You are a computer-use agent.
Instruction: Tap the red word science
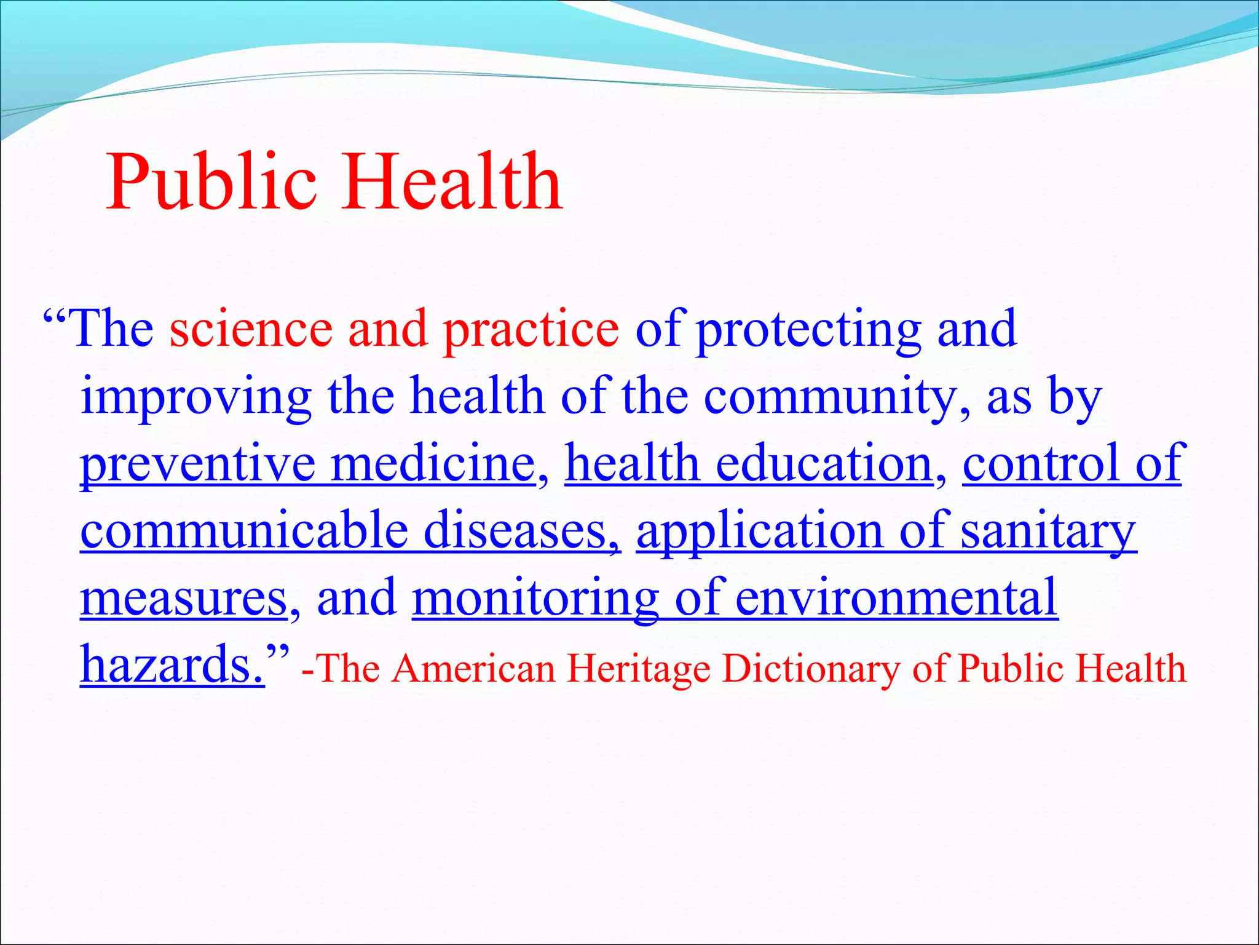pos(251,330)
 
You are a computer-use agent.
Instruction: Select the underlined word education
pos(824,465)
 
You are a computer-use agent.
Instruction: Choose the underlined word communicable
pos(244,531)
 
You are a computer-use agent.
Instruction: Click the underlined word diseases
pos(521,531)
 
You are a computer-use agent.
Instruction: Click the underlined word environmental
pos(896,598)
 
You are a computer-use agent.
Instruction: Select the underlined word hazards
pos(172,665)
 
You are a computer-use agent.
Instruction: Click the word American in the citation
pos(474,669)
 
